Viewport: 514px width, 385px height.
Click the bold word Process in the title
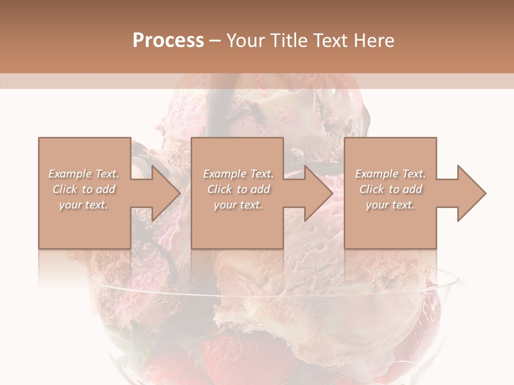[168, 40]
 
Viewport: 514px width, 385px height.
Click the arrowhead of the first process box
[164, 193]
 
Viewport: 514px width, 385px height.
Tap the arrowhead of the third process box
[470, 193]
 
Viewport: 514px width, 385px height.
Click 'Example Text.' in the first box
[84, 174]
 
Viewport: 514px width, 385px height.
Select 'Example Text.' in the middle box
[238, 174]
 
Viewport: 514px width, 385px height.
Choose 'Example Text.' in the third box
[390, 174]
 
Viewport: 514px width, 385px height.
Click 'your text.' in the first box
[84, 205]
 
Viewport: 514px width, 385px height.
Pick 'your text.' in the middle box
[238, 205]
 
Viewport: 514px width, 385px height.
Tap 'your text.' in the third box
[390, 205]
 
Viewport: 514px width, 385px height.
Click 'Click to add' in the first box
[84, 189]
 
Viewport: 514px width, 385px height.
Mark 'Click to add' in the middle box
[238, 189]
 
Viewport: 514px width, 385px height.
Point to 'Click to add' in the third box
[390, 189]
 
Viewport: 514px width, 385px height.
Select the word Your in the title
[245, 40]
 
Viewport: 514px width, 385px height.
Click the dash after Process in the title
[215, 41]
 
